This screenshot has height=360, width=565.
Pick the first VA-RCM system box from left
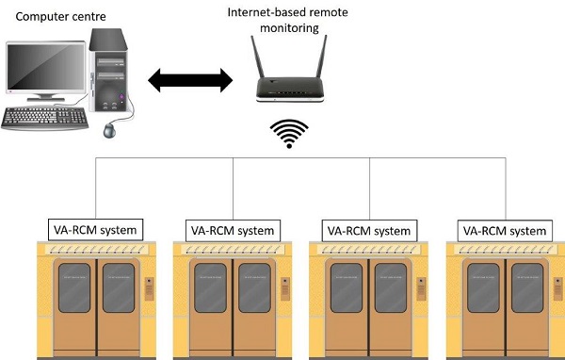pos(95,230)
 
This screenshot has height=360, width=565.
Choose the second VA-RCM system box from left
pos(233,230)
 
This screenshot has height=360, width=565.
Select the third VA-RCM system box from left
pos(369,230)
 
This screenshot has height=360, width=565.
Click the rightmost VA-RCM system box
pos(505,230)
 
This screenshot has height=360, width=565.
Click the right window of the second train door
pos(254,287)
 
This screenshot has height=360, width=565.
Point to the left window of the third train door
pos(345,287)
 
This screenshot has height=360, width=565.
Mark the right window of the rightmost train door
pos(526,287)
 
